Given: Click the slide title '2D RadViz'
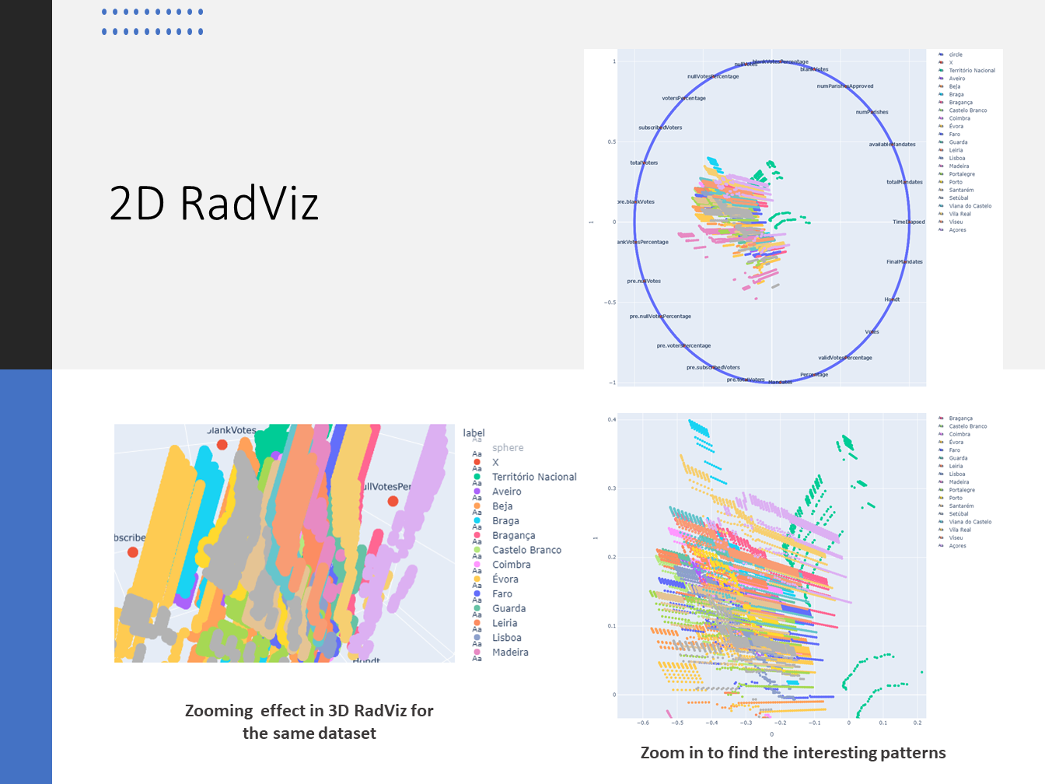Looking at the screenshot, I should (214, 204).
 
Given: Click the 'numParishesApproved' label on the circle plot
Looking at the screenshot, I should (845, 86).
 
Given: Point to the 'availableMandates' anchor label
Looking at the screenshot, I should (892, 145).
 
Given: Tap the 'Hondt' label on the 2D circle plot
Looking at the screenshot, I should (892, 299).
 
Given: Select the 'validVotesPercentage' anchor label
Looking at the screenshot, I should (845, 358).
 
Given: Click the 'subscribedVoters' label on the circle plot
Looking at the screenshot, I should (660, 128).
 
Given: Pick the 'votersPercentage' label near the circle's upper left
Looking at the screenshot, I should (683, 99).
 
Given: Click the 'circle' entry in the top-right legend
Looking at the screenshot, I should (956, 55).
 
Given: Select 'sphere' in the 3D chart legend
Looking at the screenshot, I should (508, 448).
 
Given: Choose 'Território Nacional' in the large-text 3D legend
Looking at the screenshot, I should (534, 477).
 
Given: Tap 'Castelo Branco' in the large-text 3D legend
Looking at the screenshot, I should (526, 550).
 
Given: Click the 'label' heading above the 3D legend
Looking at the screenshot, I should (474, 433).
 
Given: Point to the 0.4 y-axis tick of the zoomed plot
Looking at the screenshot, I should (612, 420).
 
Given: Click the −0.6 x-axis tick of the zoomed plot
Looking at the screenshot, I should (643, 723).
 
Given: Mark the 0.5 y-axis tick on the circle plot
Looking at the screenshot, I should (612, 142).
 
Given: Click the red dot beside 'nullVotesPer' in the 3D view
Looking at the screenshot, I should (393, 502).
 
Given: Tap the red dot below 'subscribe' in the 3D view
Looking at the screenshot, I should (133, 552).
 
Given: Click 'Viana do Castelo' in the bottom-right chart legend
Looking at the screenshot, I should (970, 522).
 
